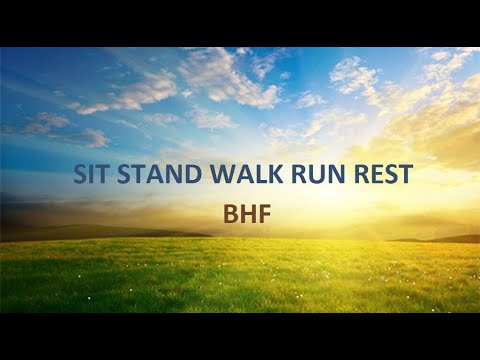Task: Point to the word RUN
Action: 319,172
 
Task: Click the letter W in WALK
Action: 222,172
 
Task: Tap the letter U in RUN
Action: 319,172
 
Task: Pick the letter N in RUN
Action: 337,172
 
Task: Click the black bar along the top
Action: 240,22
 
